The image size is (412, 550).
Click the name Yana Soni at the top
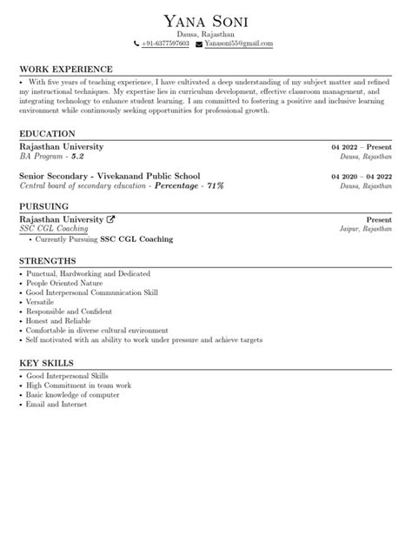pos(205,20)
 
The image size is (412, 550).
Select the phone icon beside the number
pos(136,44)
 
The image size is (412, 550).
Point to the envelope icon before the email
pos(199,44)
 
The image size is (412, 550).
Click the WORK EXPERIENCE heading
pos(66,69)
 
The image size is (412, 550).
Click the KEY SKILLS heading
pos(46,362)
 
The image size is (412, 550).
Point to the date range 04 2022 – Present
pos(362,147)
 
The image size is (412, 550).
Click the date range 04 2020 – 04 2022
pos(362,176)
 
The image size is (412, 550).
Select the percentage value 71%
pos(215,186)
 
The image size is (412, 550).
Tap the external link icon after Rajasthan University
pos(110,218)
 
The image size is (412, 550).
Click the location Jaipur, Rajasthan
pos(366,229)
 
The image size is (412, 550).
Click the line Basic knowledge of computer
pos(73,394)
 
